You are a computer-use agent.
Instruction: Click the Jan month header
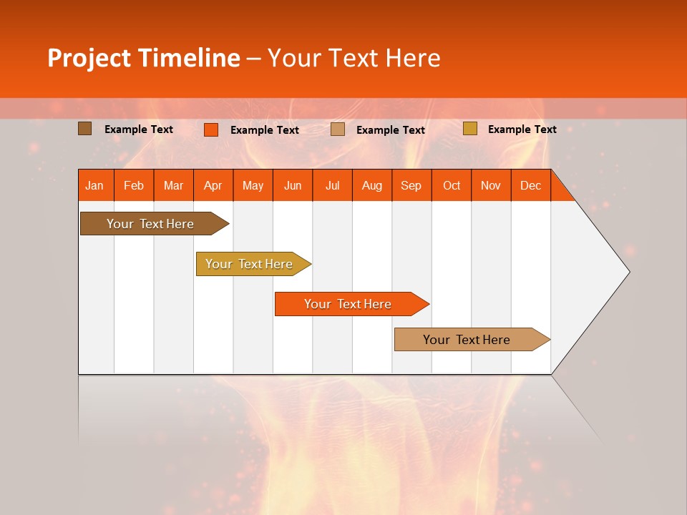click(95, 185)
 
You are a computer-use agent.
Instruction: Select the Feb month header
click(134, 185)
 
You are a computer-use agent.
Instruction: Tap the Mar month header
click(173, 185)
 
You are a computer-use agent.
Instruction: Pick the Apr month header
click(213, 185)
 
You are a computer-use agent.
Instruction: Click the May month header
click(253, 185)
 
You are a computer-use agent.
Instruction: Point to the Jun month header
click(293, 185)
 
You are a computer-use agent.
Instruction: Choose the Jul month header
click(332, 185)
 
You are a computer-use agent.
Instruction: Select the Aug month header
click(372, 185)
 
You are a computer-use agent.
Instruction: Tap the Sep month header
click(411, 185)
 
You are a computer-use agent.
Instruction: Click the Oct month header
click(452, 185)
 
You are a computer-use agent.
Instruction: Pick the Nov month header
click(491, 185)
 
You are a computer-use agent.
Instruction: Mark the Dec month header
click(531, 185)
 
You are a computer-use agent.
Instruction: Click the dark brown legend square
click(85, 129)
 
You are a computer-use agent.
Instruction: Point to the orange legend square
click(211, 129)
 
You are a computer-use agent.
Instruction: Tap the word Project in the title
click(89, 58)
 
